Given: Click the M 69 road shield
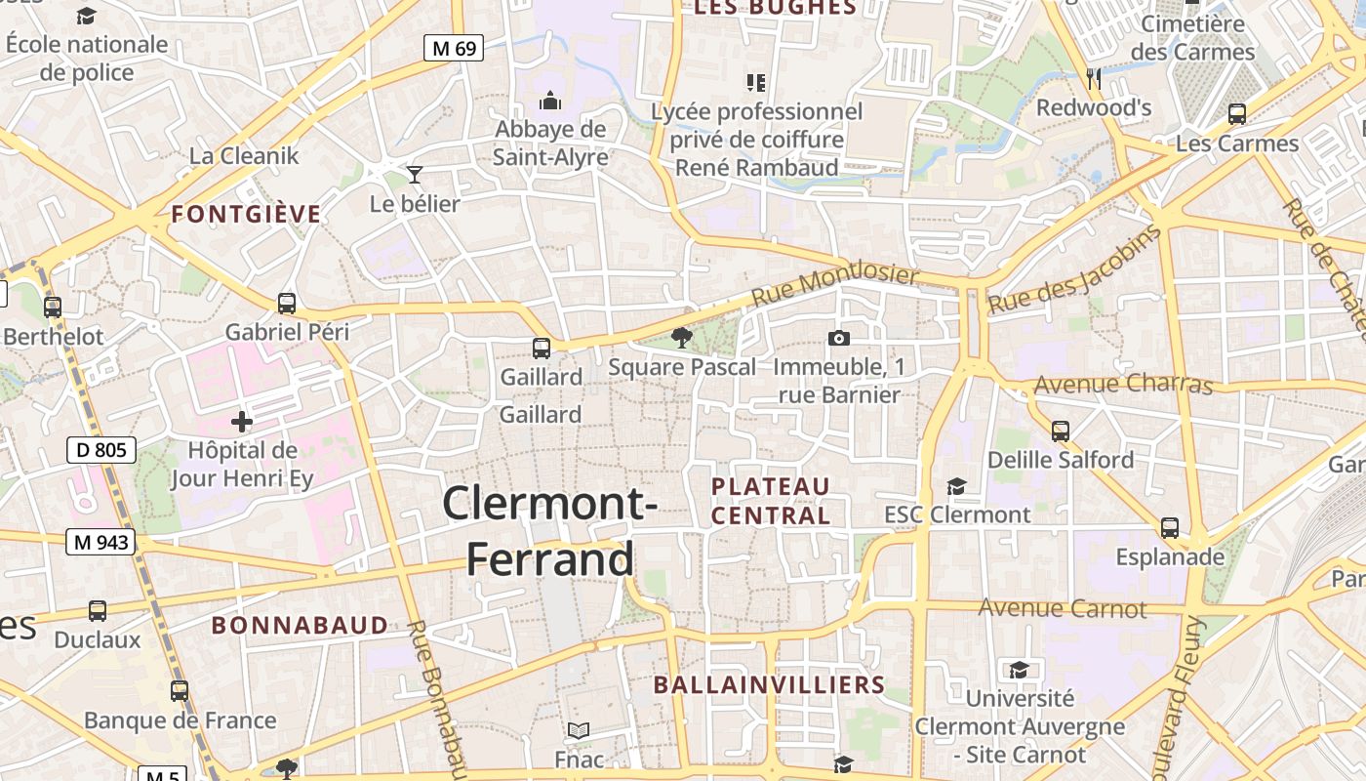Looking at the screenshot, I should point(455,47).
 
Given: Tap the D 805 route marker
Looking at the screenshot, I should point(101,450).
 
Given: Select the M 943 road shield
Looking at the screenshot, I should point(100,542).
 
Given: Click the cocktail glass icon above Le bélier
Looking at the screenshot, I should point(415,175).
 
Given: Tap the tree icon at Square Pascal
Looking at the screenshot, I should point(682,338).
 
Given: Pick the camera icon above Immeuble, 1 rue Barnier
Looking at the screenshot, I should point(838,338).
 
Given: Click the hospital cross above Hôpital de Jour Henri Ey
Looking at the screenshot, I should point(241,422).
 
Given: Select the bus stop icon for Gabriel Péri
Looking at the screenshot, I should point(286,304).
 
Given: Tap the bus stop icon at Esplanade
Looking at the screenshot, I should point(1170,528).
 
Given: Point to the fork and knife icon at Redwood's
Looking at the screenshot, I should point(1094,78).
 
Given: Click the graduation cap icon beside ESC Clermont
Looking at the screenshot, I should point(956,486).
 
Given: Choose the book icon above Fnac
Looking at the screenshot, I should point(579,730).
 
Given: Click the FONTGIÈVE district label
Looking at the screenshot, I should point(246,215).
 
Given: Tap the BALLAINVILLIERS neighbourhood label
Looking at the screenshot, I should point(769,685).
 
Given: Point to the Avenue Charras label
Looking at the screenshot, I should point(1123,385).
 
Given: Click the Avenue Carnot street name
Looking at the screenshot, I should point(1063,608).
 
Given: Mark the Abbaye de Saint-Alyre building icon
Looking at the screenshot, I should point(550,101).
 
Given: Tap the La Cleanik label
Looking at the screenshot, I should point(244,155).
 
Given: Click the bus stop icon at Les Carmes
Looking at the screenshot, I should point(1237,114).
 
